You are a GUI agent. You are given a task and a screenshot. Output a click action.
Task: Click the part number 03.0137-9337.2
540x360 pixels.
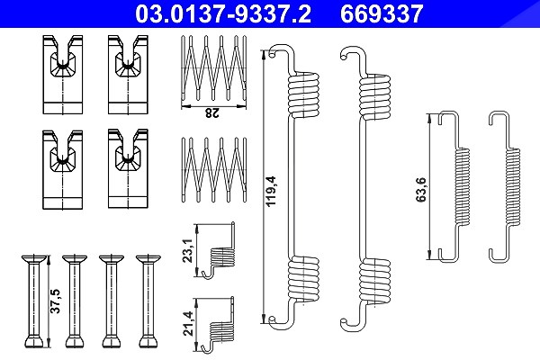coord(223,13)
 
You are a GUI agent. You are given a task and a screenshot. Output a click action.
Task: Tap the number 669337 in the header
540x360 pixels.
coord(382,13)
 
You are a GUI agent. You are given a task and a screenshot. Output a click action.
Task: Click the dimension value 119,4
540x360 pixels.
coord(272,191)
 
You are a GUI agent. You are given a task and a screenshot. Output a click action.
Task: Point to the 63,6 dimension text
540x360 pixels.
coord(421,190)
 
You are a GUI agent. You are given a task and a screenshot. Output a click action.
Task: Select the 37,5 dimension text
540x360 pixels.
coord(55,301)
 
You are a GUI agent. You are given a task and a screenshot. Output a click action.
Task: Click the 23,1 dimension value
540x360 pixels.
coord(187,251)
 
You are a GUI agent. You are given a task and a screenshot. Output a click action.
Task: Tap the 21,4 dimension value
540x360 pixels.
coord(187,324)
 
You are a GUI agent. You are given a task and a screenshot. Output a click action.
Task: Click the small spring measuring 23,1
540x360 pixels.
coord(220,251)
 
